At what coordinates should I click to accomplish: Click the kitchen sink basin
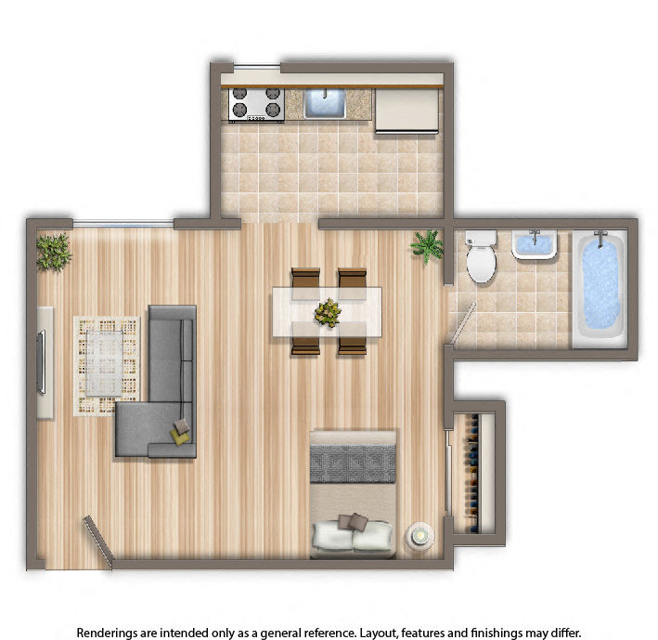[x=325, y=103]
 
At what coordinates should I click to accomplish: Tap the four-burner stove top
[x=256, y=105]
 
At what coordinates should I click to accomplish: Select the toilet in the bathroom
[x=481, y=256]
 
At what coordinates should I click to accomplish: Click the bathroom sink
[x=535, y=244]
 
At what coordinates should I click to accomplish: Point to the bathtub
[x=600, y=288]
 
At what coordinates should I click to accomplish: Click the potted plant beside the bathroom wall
[x=427, y=246]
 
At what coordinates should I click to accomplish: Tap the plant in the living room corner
[x=53, y=252]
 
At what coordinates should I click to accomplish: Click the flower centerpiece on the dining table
[x=328, y=312]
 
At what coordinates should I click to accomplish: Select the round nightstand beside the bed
[x=419, y=535]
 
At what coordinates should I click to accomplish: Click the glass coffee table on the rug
[x=105, y=363]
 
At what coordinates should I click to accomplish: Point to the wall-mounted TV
[x=41, y=362]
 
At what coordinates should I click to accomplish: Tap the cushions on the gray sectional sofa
[x=181, y=433]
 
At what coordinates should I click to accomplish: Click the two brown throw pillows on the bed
[x=353, y=522]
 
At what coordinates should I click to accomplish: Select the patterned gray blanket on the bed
[x=353, y=464]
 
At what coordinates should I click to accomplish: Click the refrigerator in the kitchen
[x=406, y=111]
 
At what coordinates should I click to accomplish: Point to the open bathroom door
[x=462, y=323]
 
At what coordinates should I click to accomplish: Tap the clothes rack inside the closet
[x=473, y=474]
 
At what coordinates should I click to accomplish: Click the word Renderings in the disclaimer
[x=107, y=633]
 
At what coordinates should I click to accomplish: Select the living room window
[x=123, y=224]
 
